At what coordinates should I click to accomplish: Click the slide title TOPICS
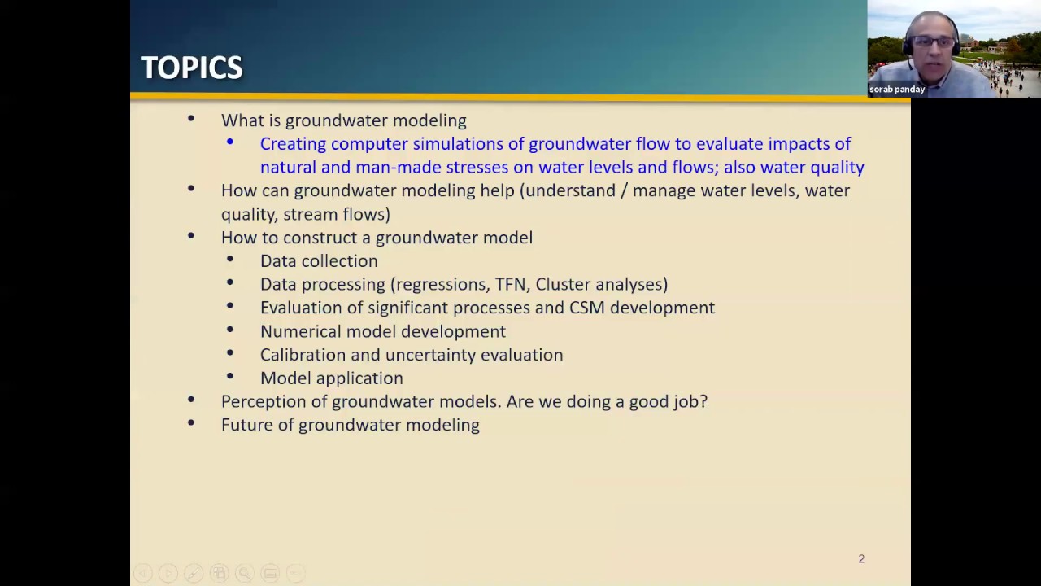pyautogui.click(x=191, y=68)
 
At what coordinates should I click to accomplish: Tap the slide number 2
pyautogui.click(x=861, y=558)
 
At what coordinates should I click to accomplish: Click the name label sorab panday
pyautogui.click(x=897, y=90)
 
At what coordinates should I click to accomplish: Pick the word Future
pyautogui.click(x=246, y=425)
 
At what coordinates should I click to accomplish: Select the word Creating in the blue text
pyautogui.click(x=292, y=144)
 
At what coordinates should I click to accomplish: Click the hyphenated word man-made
pyautogui.click(x=398, y=168)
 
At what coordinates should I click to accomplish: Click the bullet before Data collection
pyautogui.click(x=230, y=260)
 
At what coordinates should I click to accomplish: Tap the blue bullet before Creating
pyautogui.click(x=230, y=142)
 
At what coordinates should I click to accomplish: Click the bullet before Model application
pyautogui.click(x=230, y=377)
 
